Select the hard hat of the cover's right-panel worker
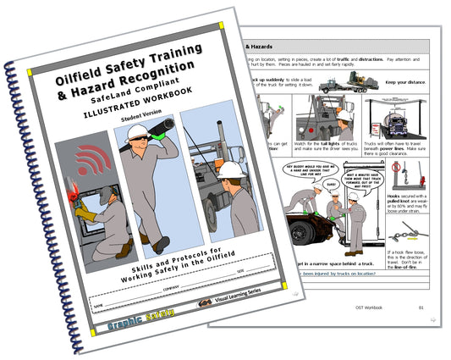point(231,169)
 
